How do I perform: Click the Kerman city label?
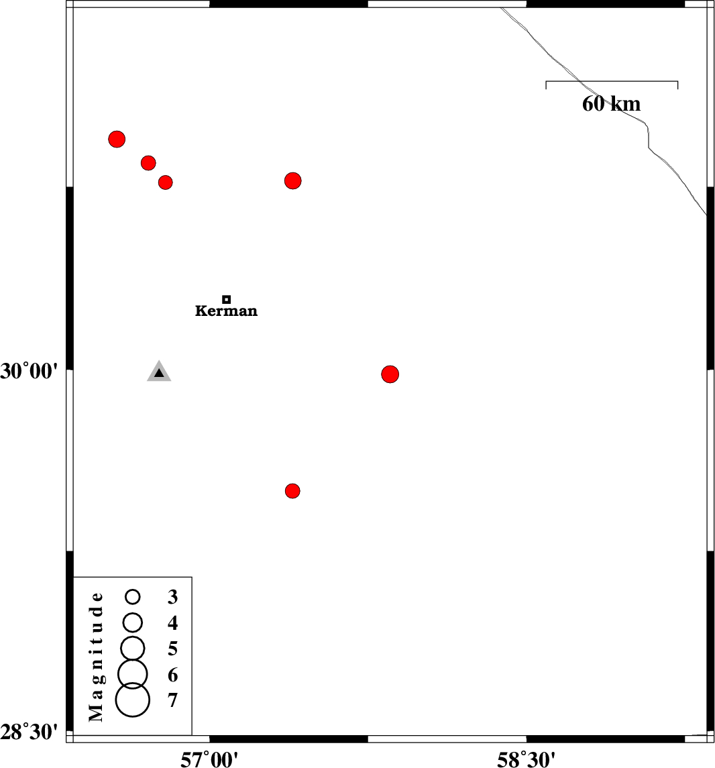tap(226, 311)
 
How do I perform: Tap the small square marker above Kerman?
tap(227, 299)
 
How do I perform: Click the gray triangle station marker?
tap(159, 372)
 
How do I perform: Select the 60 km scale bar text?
tap(611, 104)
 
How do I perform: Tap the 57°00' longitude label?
tap(209, 760)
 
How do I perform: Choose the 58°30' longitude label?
tap(527, 760)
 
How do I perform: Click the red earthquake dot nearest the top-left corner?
tap(117, 139)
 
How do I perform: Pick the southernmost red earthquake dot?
tap(292, 491)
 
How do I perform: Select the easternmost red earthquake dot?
tap(390, 374)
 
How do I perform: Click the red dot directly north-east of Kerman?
tap(292, 180)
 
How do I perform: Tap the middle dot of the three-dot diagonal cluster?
tap(148, 162)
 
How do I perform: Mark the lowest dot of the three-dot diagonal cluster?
tap(166, 182)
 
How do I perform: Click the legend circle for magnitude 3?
tap(133, 596)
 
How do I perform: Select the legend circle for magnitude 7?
tap(133, 700)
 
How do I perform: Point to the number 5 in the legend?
tap(172, 649)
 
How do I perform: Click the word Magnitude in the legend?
tap(97, 657)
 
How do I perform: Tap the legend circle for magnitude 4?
tap(133, 622)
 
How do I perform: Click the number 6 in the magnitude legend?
tap(172, 675)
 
